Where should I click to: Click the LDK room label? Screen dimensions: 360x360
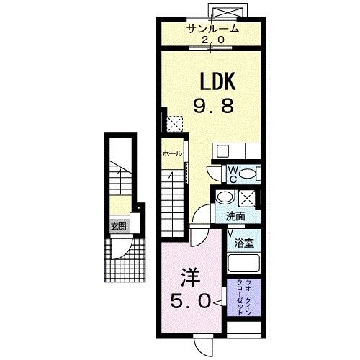217,81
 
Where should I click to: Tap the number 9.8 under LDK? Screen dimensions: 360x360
213,107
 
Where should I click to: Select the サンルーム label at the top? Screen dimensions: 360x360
213,29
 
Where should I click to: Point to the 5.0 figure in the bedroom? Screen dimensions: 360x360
191,302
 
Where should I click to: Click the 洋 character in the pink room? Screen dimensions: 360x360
191,277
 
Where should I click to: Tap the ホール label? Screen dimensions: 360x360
172,153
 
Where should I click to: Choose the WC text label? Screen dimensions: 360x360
233,175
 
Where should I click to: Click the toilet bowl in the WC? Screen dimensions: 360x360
248,174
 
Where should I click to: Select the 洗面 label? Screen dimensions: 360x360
235,217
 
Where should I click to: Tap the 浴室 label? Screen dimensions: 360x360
244,243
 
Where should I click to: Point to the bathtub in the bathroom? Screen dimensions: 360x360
244,263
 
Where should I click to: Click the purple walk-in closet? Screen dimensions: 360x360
244,297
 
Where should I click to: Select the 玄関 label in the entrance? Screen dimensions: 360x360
120,226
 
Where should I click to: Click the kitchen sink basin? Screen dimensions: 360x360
222,151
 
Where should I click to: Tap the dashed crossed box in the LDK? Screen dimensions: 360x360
175,124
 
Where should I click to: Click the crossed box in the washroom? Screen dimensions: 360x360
246,198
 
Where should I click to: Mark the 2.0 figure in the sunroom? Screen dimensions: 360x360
213,40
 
